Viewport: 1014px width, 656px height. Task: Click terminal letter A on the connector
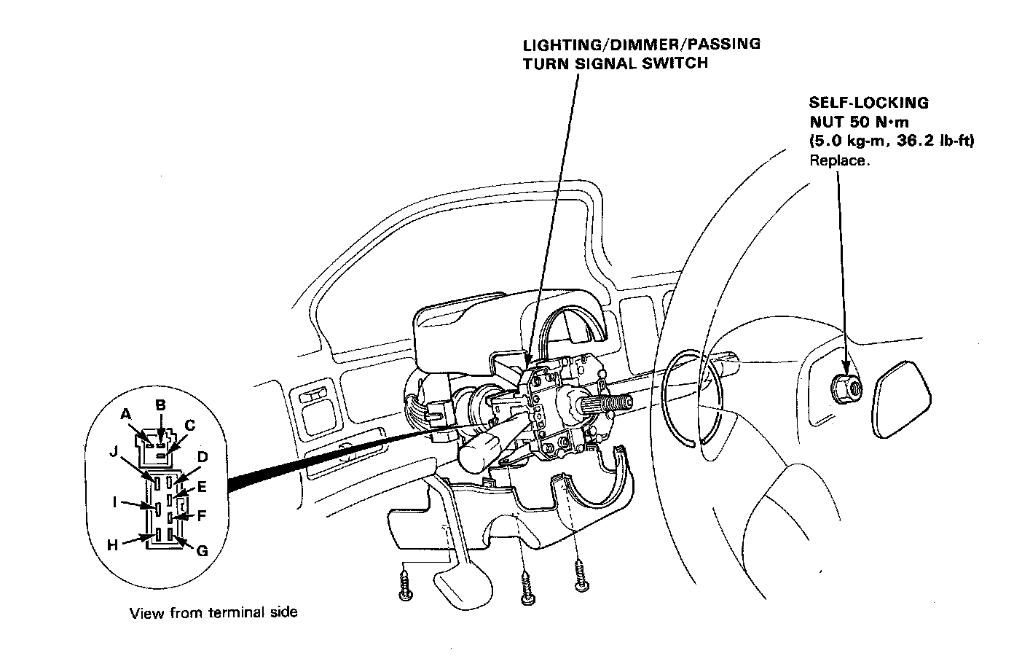125,413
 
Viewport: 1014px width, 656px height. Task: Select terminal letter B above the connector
161,405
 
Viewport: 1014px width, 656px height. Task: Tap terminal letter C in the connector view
190,425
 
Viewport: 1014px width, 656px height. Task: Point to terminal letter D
203,457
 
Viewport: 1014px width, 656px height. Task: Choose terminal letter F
202,515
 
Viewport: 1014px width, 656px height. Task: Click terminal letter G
202,551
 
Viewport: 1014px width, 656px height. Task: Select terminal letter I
114,501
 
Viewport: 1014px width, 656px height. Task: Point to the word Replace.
839,160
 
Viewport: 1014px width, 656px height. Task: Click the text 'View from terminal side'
213,612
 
